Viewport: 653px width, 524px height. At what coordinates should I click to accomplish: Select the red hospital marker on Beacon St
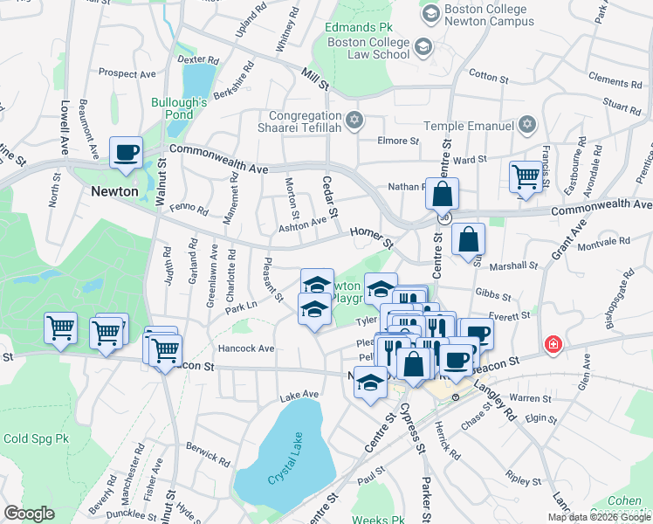tap(552, 345)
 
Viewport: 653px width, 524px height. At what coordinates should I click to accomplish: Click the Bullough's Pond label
tap(178, 108)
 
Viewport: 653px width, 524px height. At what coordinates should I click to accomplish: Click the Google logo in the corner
tap(29, 514)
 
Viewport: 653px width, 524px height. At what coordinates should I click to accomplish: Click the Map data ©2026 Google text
tap(598, 517)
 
